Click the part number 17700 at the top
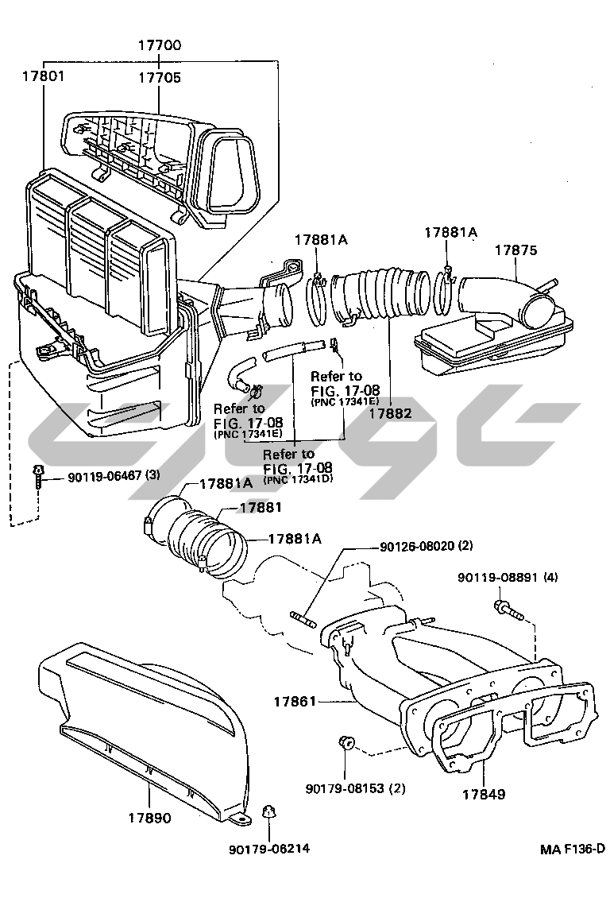pyautogui.click(x=159, y=46)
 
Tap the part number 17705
pyautogui.click(x=159, y=78)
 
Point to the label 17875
pyautogui.click(x=515, y=250)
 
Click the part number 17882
pyautogui.click(x=390, y=412)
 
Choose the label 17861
pyautogui.click(x=295, y=702)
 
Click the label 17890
pyautogui.click(x=149, y=817)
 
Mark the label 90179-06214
pyautogui.click(x=268, y=848)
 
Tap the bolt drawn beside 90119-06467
pyautogui.click(x=37, y=477)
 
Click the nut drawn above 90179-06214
pyautogui.click(x=268, y=812)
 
